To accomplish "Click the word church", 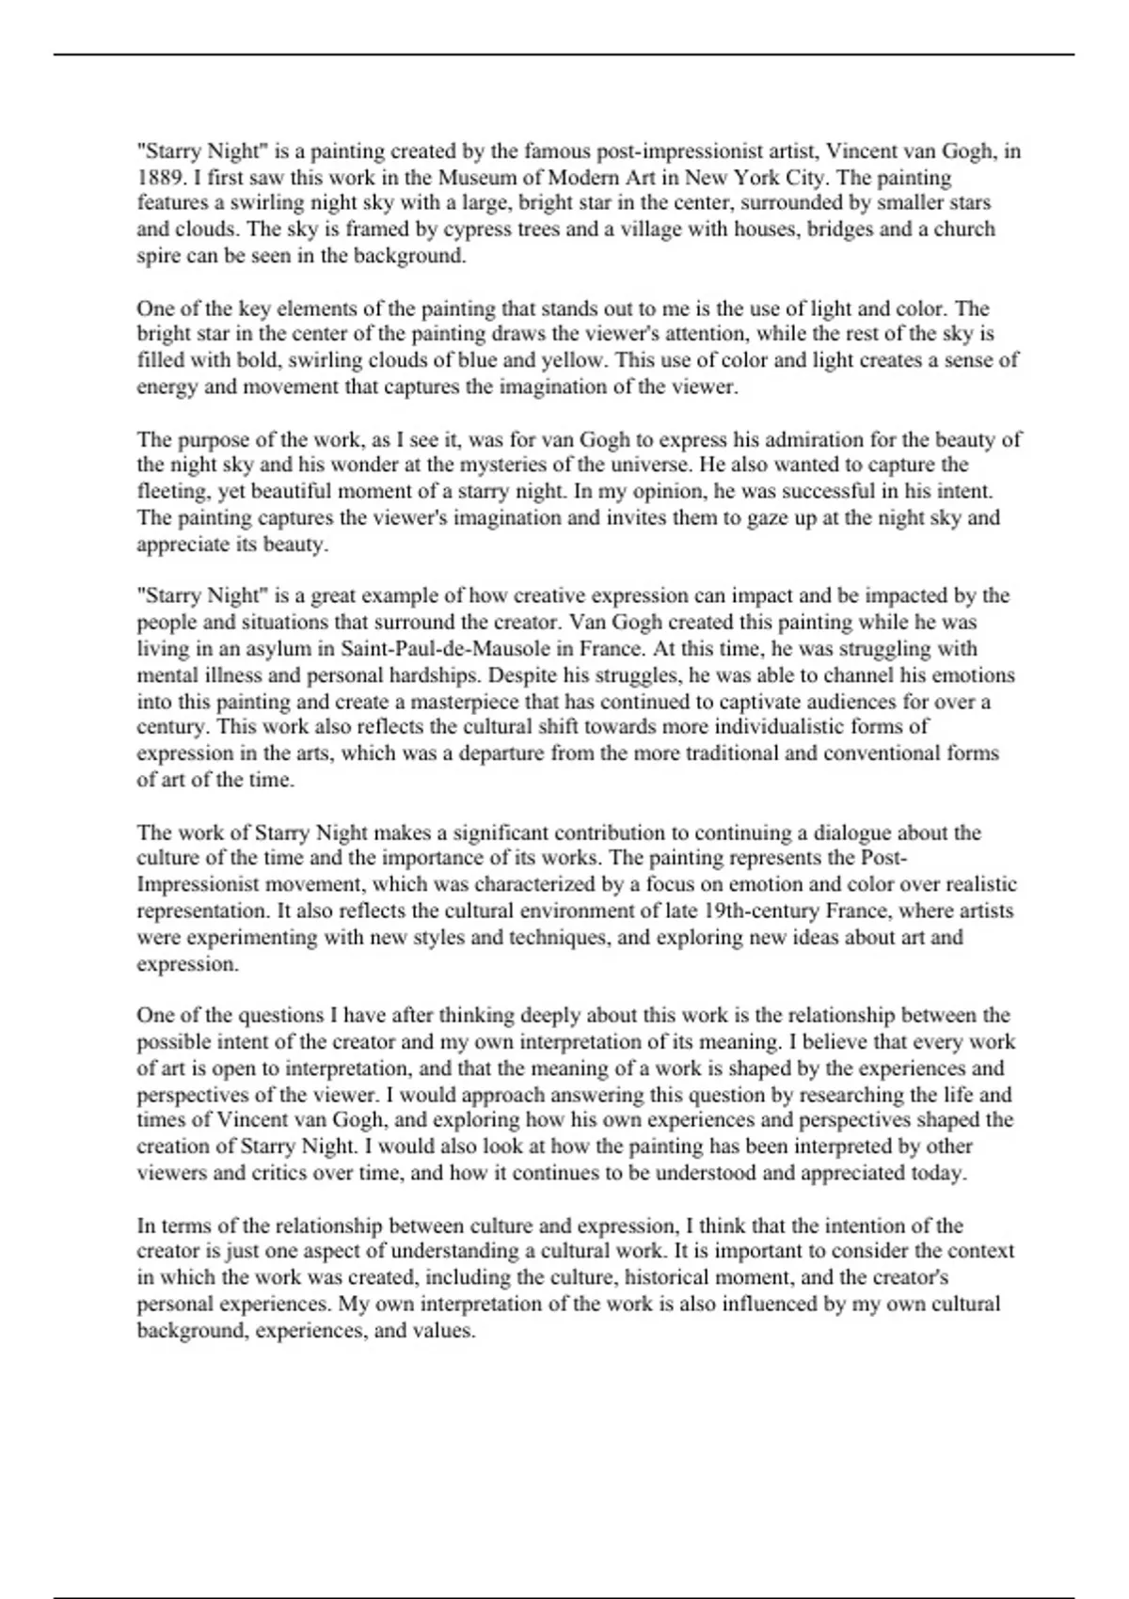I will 964,230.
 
